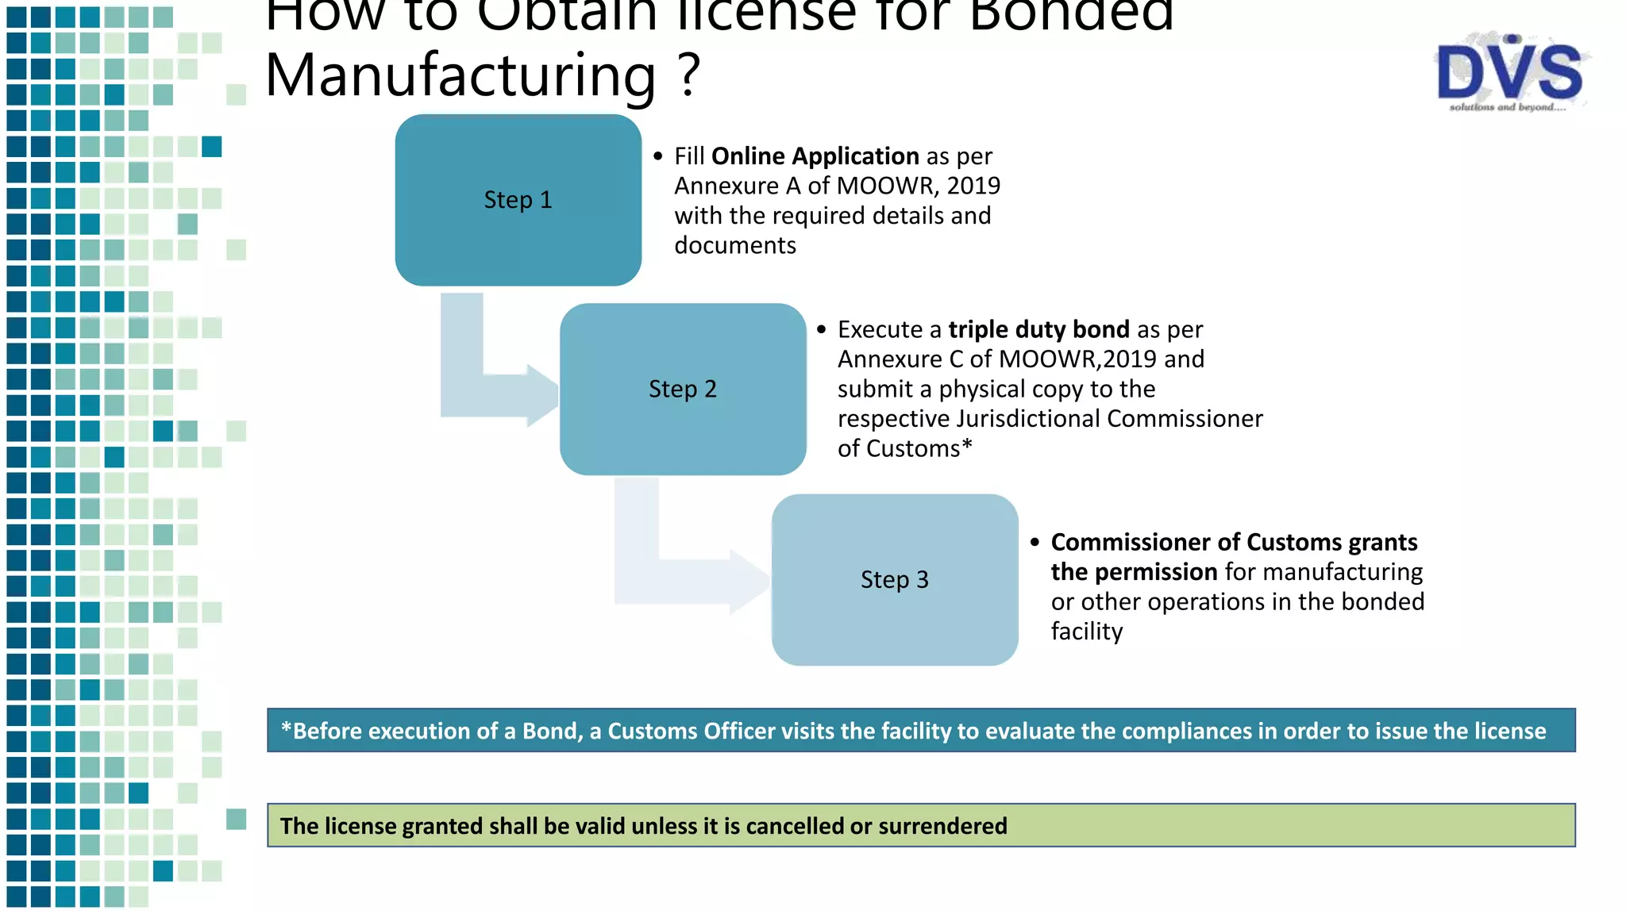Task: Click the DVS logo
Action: (1510, 71)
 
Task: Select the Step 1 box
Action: (518, 200)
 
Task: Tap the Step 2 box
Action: (683, 389)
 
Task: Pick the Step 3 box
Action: (895, 580)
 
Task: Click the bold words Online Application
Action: (815, 156)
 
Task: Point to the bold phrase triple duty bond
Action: (1038, 329)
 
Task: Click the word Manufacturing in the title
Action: (460, 75)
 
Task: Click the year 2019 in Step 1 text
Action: (973, 186)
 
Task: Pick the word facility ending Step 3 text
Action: (1087, 632)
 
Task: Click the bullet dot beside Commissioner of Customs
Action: (1035, 543)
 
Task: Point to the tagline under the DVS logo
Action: (1507, 107)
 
